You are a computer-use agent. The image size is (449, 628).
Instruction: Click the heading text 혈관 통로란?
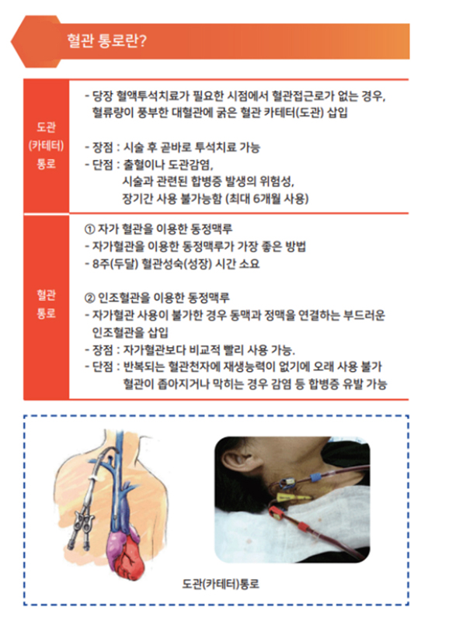106,41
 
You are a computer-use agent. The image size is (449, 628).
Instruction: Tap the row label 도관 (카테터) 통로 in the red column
46,146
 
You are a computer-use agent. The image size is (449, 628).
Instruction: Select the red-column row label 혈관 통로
46,304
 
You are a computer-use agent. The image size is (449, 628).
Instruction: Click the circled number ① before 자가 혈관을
89,229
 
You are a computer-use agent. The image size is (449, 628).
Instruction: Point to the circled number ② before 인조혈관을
89,298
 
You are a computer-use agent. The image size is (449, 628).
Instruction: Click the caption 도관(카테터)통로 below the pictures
221,584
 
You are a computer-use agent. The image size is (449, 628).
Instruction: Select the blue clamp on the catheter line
315,477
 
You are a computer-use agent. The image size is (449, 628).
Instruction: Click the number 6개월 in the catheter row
268,199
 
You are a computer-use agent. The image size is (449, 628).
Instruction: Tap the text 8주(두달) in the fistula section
116,264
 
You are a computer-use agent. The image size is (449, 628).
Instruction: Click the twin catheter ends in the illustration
82,529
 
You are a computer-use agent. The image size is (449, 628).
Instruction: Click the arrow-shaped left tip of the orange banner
11,41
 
